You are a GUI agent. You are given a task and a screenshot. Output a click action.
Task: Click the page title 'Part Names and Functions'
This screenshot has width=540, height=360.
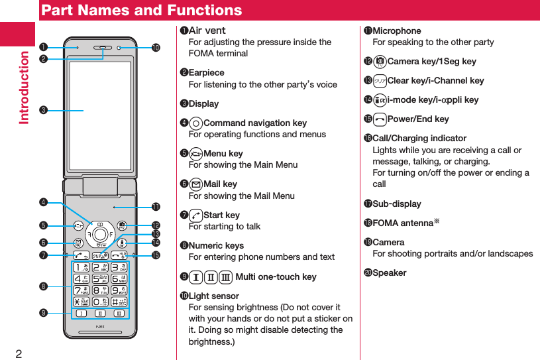click(x=141, y=11)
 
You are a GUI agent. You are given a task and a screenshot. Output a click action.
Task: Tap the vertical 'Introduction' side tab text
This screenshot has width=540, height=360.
click(x=25, y=87)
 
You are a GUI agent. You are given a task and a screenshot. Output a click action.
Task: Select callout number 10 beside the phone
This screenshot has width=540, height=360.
click(x=156, y=48)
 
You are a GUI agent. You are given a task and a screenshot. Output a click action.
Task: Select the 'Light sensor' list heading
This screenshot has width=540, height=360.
click(x=213, y=296)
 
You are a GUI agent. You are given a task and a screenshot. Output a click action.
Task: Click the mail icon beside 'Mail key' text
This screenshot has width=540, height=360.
click(x=195, y=184)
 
